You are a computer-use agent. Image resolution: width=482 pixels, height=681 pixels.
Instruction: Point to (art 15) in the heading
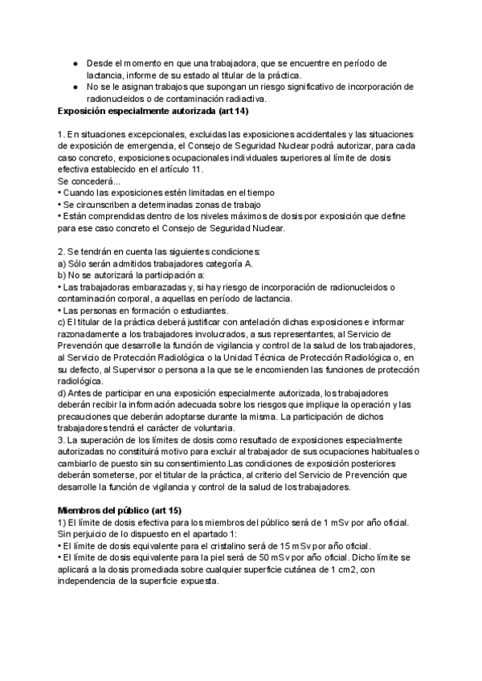(x=169, y=510)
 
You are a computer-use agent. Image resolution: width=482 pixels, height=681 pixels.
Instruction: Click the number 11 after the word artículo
(x=197, y=169)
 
